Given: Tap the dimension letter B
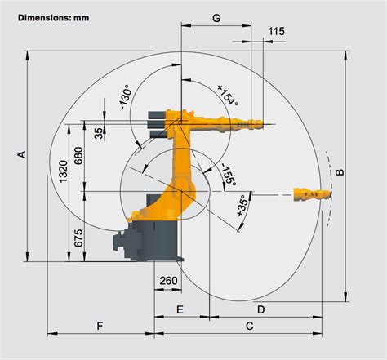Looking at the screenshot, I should tap(340, 171).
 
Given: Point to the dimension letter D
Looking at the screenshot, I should tap(260, 309).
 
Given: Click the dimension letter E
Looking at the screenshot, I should tap(180, 309).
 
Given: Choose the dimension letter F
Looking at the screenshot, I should tap(100, 327).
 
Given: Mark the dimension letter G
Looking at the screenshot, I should tap(216, 17).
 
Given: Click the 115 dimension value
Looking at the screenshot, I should tap(276, 31).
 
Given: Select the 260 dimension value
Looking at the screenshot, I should tap(167, 282).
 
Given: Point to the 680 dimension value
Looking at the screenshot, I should tap(78, 156).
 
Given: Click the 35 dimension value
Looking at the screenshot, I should tap(98, 133).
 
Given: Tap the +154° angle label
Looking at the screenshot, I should tap(227, 96).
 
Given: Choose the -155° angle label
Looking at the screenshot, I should tap(229, 177).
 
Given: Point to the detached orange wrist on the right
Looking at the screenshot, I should tap(311, 193).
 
